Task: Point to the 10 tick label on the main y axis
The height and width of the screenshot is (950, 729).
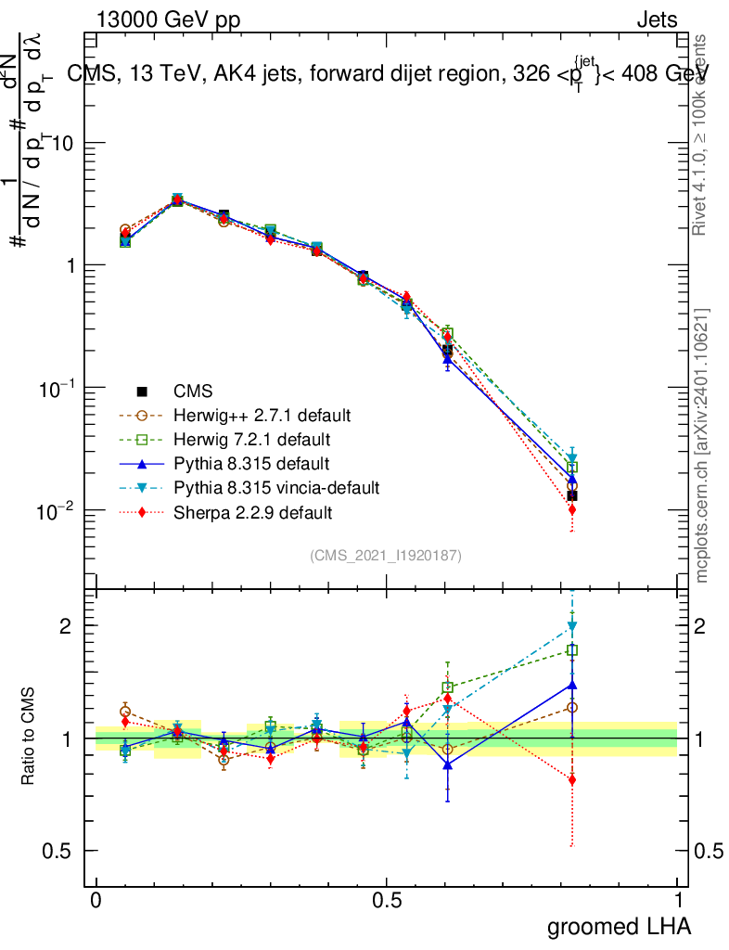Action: point(63,143)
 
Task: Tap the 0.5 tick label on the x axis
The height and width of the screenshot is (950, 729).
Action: point(387,901)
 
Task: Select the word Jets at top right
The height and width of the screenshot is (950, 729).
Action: point(656,20)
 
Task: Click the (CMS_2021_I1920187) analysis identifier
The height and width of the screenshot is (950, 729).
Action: point(386,556)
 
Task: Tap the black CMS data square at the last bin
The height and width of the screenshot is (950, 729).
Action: point(572,495)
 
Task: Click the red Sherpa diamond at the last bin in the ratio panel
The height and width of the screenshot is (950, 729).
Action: point(572,780)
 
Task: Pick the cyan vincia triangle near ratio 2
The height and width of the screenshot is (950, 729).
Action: point(572,626)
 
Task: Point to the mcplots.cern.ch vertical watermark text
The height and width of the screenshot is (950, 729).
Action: point(702,445)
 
